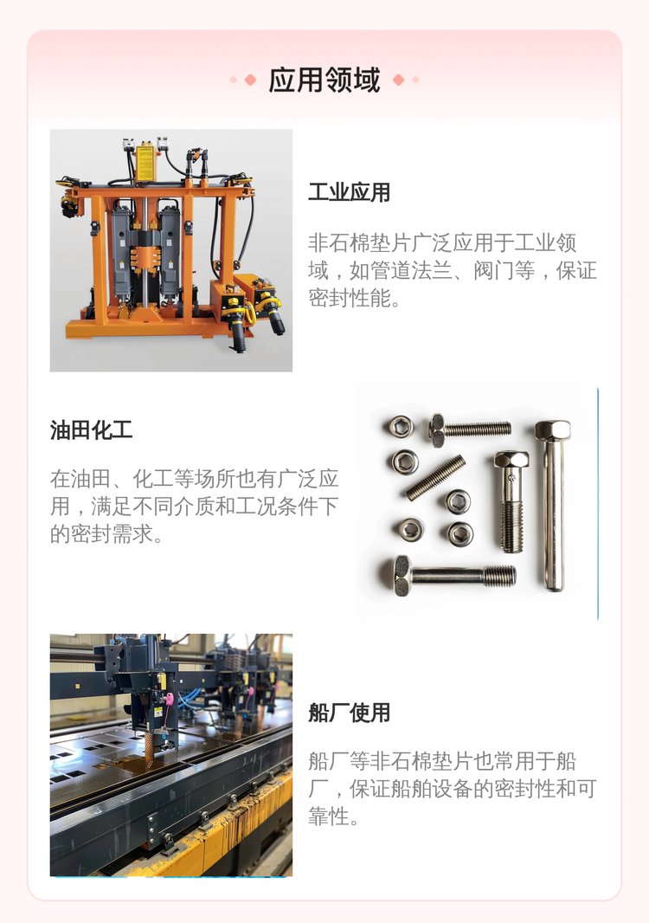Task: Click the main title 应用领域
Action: tap(324, 80)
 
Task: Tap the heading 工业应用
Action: tap(349, 192)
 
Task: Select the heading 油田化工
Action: tap(91, 429)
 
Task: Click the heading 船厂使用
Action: tap(349, 713)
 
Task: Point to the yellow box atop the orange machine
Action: tap(145, 163)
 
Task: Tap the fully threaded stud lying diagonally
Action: tap(435, 477)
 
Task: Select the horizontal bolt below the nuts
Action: tap(454, 576)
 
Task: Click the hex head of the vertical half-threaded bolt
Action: tap(511, 460)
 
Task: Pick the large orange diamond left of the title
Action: tap(250, 80)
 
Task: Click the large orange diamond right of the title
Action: tap(398, 80)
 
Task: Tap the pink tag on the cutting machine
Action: tap(170, 700)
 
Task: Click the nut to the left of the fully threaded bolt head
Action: tap(402, 427)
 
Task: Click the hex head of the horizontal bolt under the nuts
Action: tap(402, 576)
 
